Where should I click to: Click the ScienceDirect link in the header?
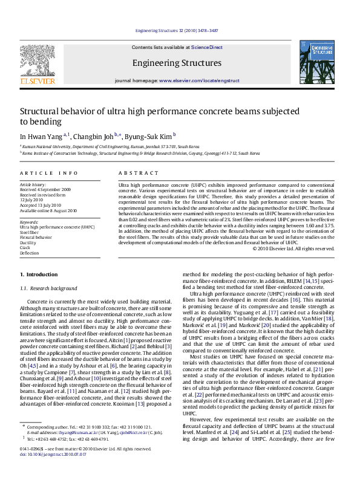tap(207, 47)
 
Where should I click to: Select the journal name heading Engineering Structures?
tap(177, 63)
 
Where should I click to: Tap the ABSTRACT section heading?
tap(133, 173)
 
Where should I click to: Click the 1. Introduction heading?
tap(39, 275)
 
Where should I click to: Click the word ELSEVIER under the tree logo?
tap(38, 80)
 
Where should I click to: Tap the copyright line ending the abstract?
tap(293, 248)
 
